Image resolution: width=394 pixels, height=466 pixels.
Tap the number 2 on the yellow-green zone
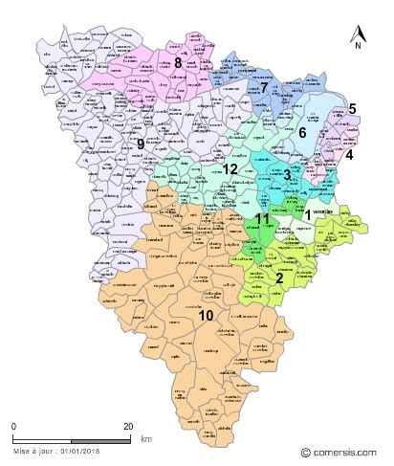(x=278, y=278)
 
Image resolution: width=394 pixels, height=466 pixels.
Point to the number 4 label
(x=349, y=154)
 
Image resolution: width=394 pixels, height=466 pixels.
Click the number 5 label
(x=353, y=108)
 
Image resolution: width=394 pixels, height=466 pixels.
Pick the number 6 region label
(x=302, y=133)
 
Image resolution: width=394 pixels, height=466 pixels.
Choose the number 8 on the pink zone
(x=179, y=62)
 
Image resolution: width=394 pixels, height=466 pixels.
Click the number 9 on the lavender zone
(x=141, y=144)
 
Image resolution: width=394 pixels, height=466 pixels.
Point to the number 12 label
(x=230, y=169)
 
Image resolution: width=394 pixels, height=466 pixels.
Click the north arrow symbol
(x=357, y=32)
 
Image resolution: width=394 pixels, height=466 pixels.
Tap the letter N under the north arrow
(x=357, y=46)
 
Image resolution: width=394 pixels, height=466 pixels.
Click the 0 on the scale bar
(x=14, y=426)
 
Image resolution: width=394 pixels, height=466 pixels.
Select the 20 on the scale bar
(x=127, y=426)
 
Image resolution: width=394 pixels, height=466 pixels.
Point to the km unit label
(x=145, y=438)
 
